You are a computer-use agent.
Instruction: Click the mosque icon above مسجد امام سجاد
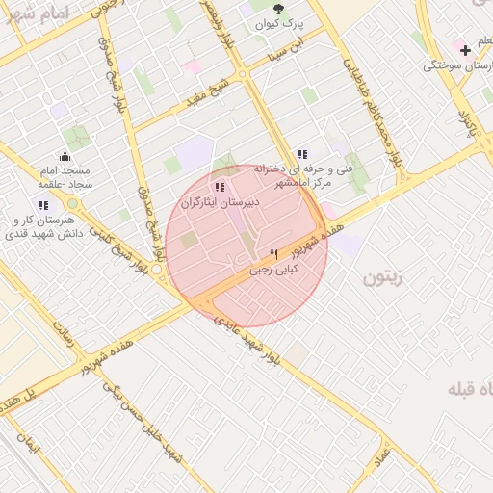coord(65,156)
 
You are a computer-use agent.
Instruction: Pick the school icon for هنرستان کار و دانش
coord(43,205)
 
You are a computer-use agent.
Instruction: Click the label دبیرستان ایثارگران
coord(221,202)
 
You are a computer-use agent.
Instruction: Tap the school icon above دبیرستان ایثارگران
coord(221,187)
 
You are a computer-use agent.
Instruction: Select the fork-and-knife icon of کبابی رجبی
coord(274,255)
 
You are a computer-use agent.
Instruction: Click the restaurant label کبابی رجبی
coord(274,271)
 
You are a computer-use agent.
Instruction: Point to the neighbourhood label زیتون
coord(386,279)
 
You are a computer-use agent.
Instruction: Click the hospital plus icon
coord(465,50)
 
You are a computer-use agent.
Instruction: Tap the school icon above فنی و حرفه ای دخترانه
coord(302,154)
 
